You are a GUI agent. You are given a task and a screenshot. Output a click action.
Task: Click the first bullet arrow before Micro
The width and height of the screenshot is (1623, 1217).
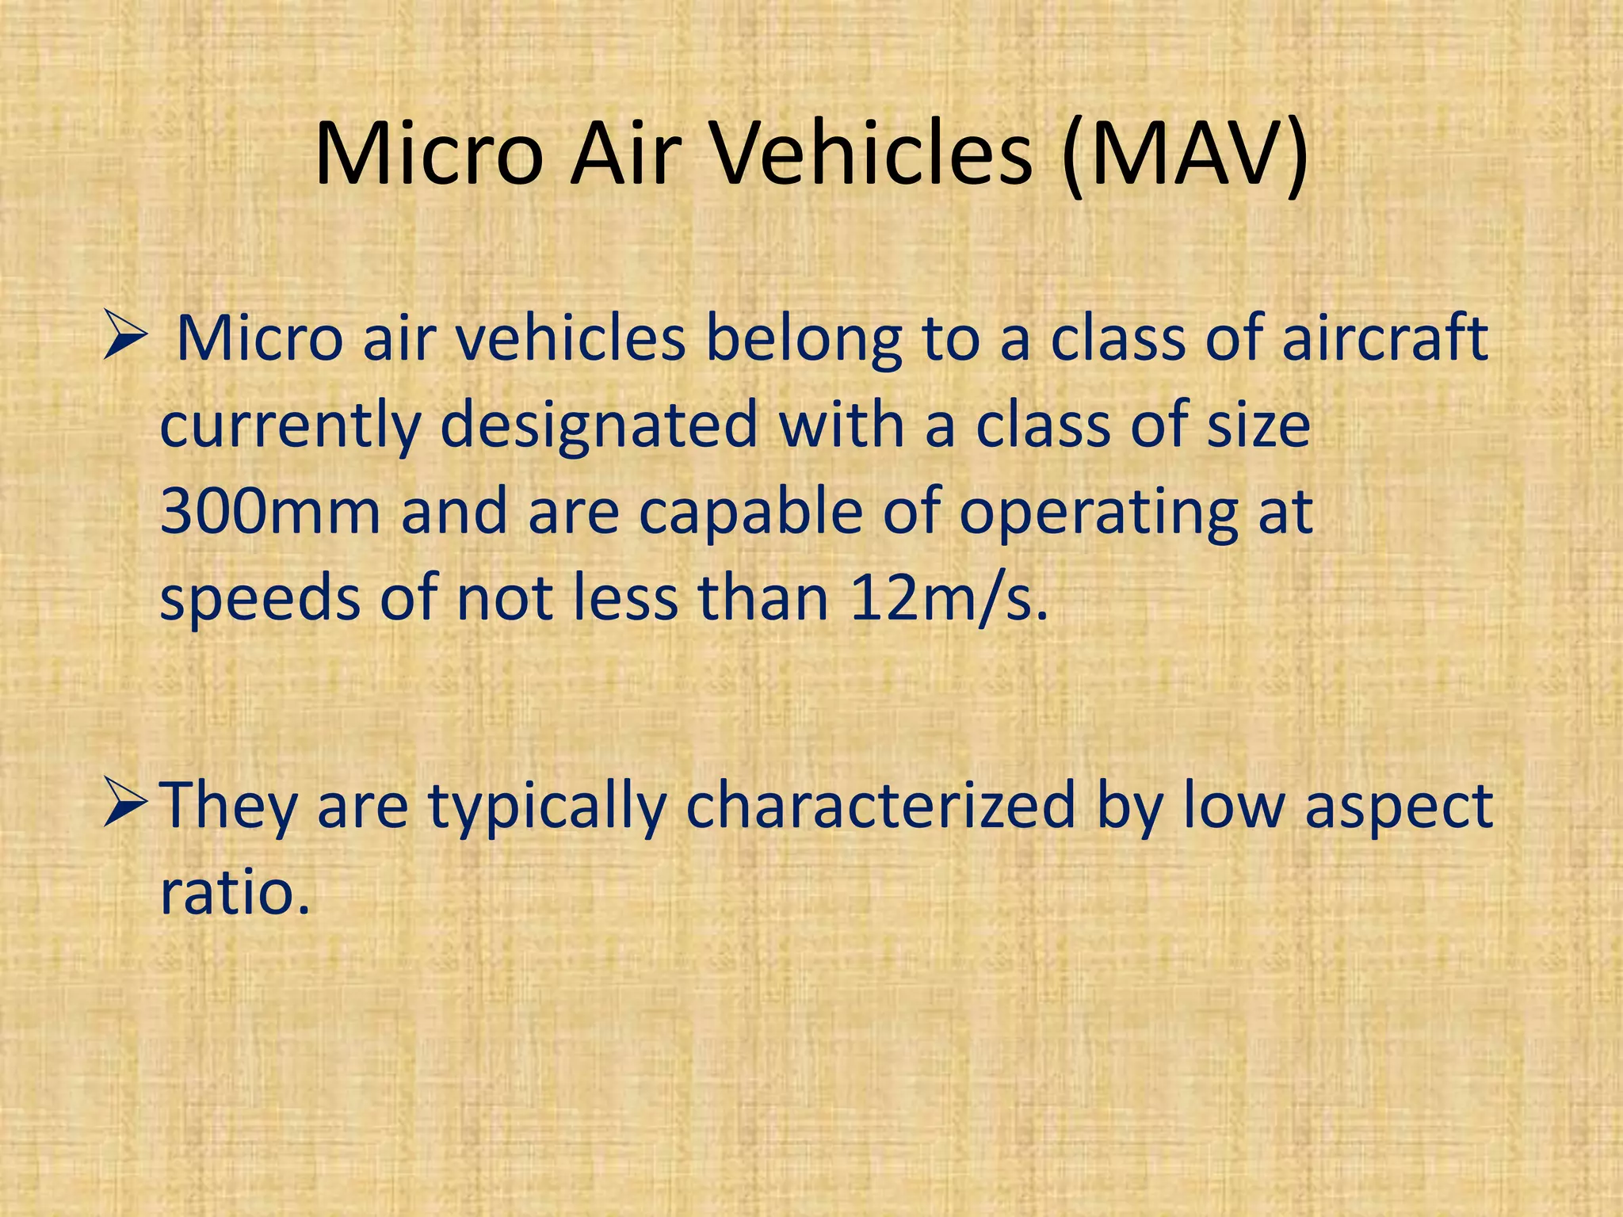pyautogui.click(x=125, y=339)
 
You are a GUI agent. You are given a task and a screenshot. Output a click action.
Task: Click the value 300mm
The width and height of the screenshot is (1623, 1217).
pyautogui.click(x=270, y=512)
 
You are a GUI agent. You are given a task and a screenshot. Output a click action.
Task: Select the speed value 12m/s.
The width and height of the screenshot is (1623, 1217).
pyautogui.click(x=948, y=599)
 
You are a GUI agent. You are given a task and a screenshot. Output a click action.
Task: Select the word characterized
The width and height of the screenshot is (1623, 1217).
pyautogui.click(x=880, y=805)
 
